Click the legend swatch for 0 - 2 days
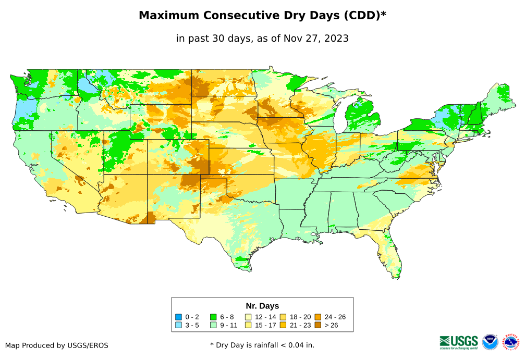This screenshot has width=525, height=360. (179, 317)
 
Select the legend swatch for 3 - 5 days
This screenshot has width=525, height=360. (179, 326)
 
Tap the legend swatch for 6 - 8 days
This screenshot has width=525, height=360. (213, 317)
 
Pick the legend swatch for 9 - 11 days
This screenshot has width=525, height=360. (213, 326)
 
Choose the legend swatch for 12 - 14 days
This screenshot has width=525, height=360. (248, 317)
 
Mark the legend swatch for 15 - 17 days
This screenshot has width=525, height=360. (248, 326)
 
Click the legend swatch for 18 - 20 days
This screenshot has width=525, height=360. (283, 317)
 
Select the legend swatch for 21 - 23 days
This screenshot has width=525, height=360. (283, 326)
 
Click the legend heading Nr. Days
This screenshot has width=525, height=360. (262, 306)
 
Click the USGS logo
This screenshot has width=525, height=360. (459, 342)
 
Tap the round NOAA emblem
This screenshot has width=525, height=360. (490, 342)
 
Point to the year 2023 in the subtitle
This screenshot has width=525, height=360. (336, 38)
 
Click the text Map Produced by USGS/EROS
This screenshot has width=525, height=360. (57, 345)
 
